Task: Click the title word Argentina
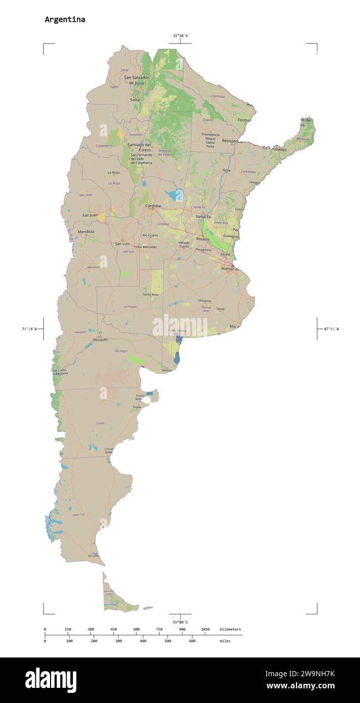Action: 65,20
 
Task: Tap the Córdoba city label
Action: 153,206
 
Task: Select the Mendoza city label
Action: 86,232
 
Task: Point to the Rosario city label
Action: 203,239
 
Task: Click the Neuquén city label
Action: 101,339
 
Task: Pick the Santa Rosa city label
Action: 151,294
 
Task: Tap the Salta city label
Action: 135,100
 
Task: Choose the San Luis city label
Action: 122,244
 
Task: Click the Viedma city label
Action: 166,371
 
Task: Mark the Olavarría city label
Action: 204,300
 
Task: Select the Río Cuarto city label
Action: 150,235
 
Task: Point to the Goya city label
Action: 227,170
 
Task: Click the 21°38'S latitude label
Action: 180,36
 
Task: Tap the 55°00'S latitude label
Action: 180,622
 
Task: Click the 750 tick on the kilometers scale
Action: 159,629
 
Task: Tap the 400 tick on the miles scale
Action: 143,641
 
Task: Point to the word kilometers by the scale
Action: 230,629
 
